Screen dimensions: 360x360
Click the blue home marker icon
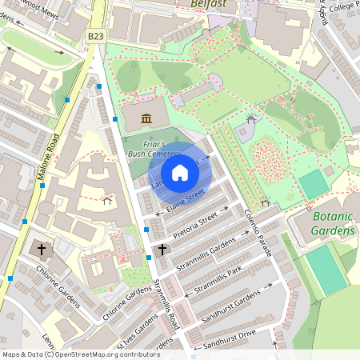[180, 173]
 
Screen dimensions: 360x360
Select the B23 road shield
[96, 36]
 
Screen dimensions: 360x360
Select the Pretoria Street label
[197, 223]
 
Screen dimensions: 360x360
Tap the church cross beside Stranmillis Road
[162, 250]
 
